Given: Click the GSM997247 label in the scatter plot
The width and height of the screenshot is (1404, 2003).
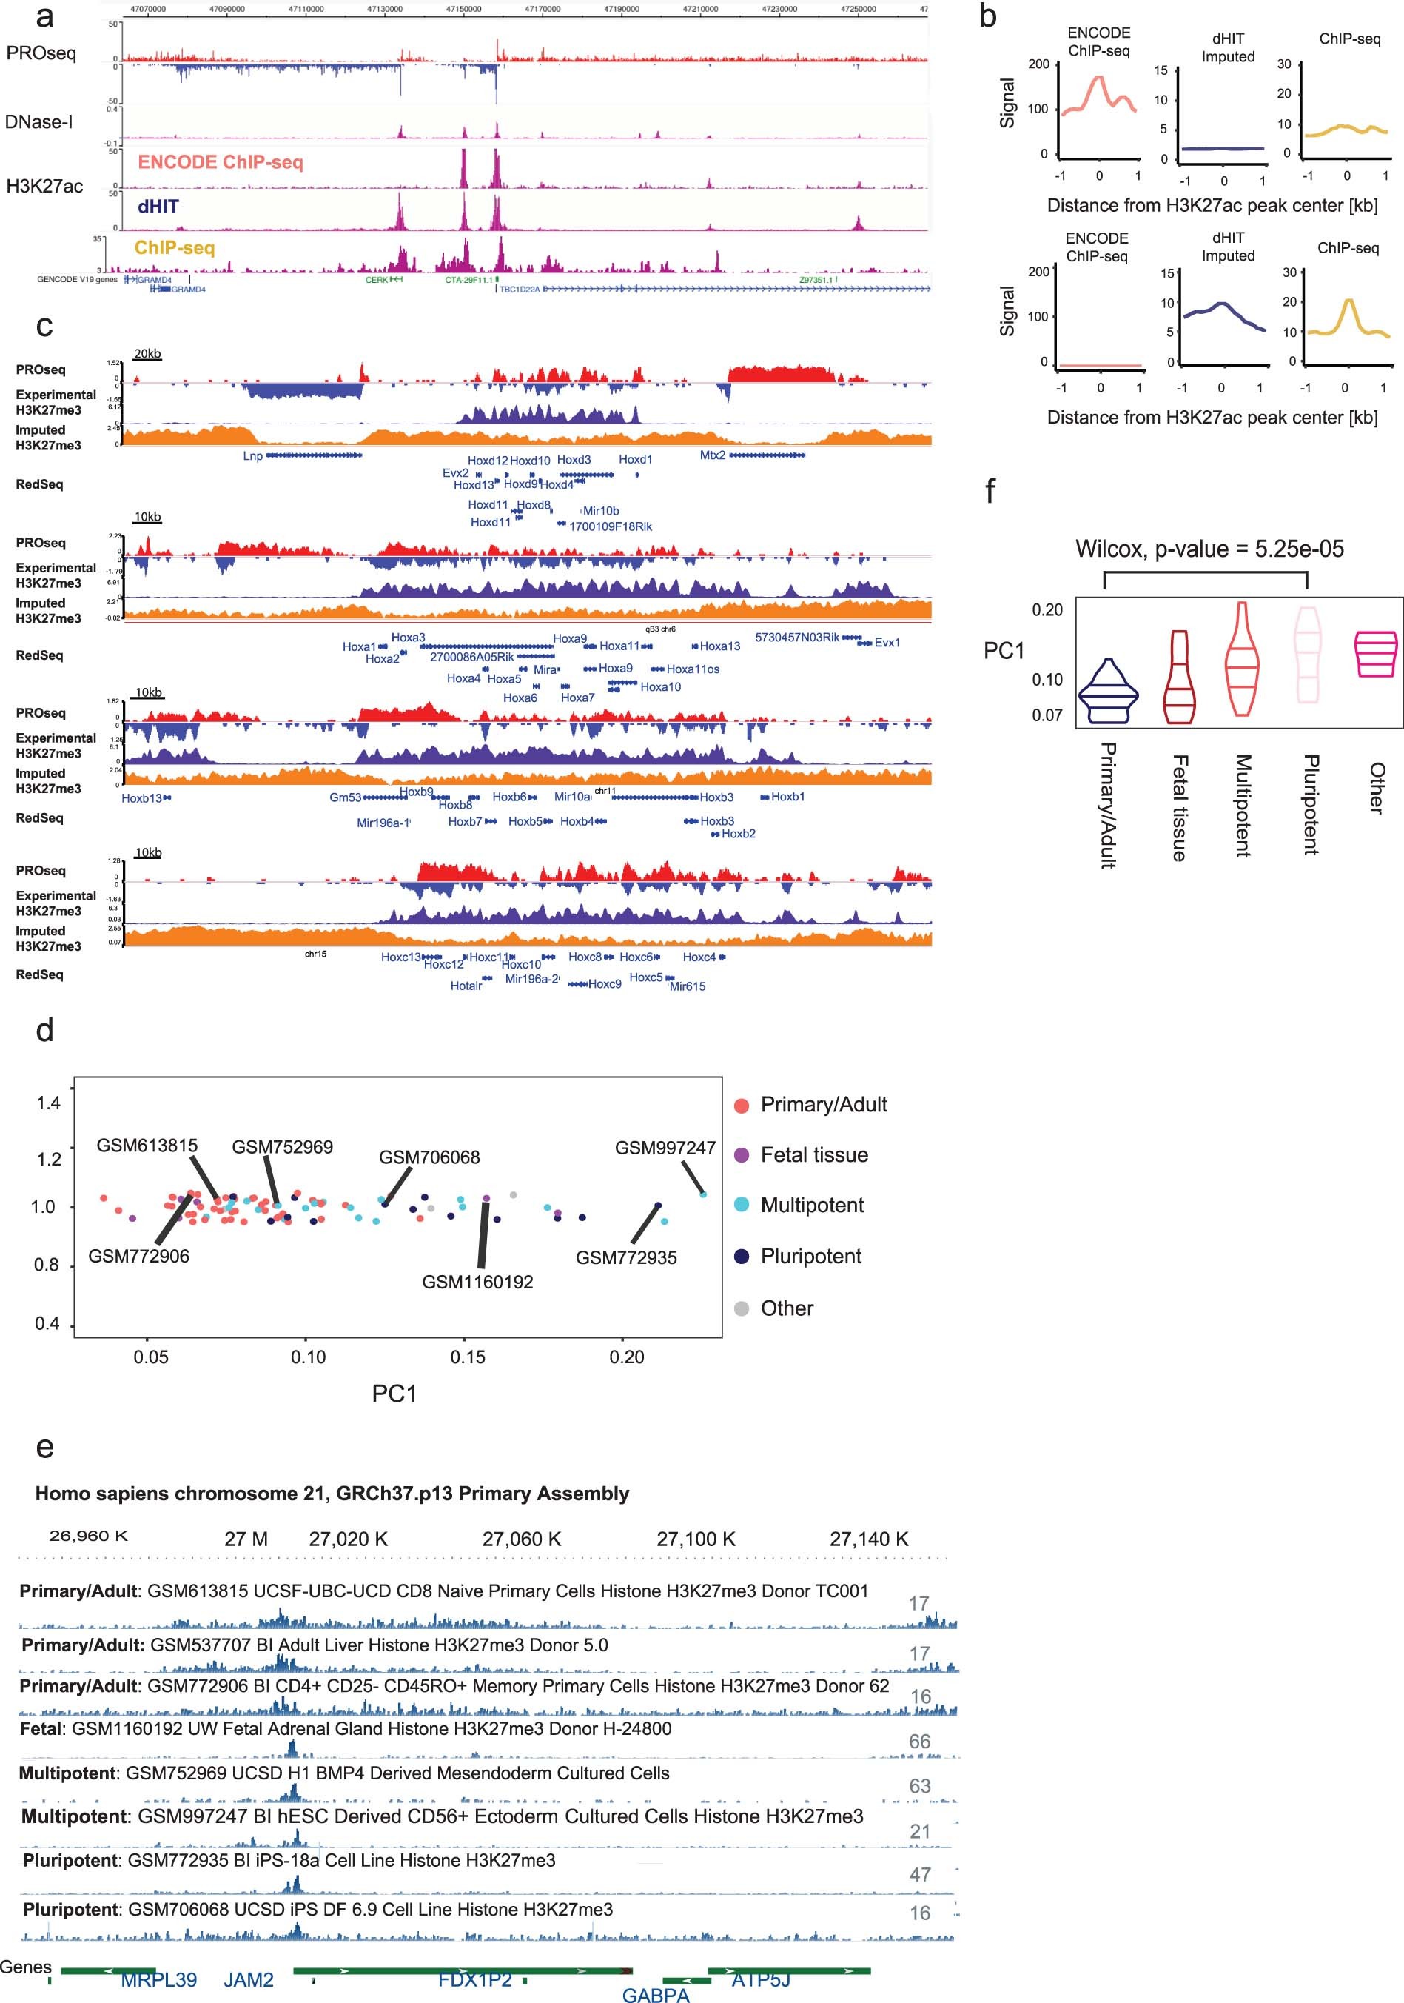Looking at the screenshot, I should click(665, 1148).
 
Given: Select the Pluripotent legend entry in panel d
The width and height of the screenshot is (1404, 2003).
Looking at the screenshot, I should click(810, 1257).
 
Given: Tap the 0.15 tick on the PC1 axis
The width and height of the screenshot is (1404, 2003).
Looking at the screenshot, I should click(468, 1357).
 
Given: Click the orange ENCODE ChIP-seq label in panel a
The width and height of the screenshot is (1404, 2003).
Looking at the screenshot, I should click(220, 162).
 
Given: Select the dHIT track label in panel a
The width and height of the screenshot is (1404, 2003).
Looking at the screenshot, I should click(158, 207).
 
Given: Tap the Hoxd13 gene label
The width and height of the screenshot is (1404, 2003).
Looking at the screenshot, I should click(474, 485).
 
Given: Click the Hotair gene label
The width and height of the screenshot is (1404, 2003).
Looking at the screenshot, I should click(466, 986).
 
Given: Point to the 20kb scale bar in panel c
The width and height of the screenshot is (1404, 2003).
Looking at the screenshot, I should click(147, 354).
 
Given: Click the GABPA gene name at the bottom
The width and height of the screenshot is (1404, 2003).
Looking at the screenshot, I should click(656, 1994).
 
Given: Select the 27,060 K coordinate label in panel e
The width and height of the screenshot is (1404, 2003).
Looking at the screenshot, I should click(522, 1539).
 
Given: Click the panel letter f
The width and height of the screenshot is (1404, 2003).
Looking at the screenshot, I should click(989, 491).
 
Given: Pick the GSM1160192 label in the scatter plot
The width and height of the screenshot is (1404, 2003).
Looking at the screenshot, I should click(477, 1282).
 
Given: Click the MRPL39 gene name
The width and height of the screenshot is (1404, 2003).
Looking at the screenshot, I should click(158, 1979).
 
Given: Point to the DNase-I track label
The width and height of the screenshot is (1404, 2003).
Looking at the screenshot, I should click(38, 122).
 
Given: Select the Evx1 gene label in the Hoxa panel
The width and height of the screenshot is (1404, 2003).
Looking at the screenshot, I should click(887, 643).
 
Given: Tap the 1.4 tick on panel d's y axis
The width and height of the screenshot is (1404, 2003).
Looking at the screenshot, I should click(48, 1103).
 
